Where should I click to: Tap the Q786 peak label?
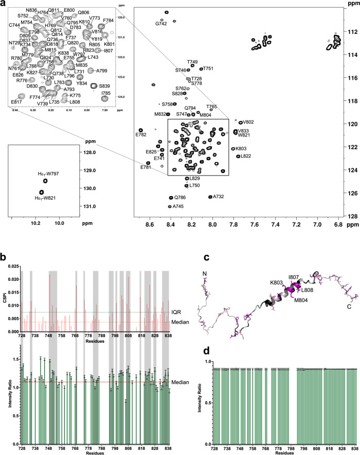(x=179, y=198)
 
